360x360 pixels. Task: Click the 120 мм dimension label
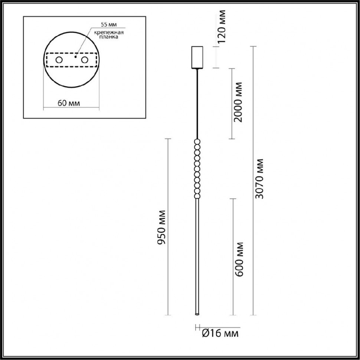tap(222, 27)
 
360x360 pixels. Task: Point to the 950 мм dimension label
tap(161, 227)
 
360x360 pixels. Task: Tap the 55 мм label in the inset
tap(108, 25)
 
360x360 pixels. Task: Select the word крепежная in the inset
tap(109, 33)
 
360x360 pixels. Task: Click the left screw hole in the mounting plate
tap(59, 60)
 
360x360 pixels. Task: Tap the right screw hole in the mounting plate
tap(85, 60)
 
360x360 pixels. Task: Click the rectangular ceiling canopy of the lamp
tap(197, 57)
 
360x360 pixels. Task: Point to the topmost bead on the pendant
tap(197, 141)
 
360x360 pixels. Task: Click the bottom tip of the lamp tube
tap(197, 314)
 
